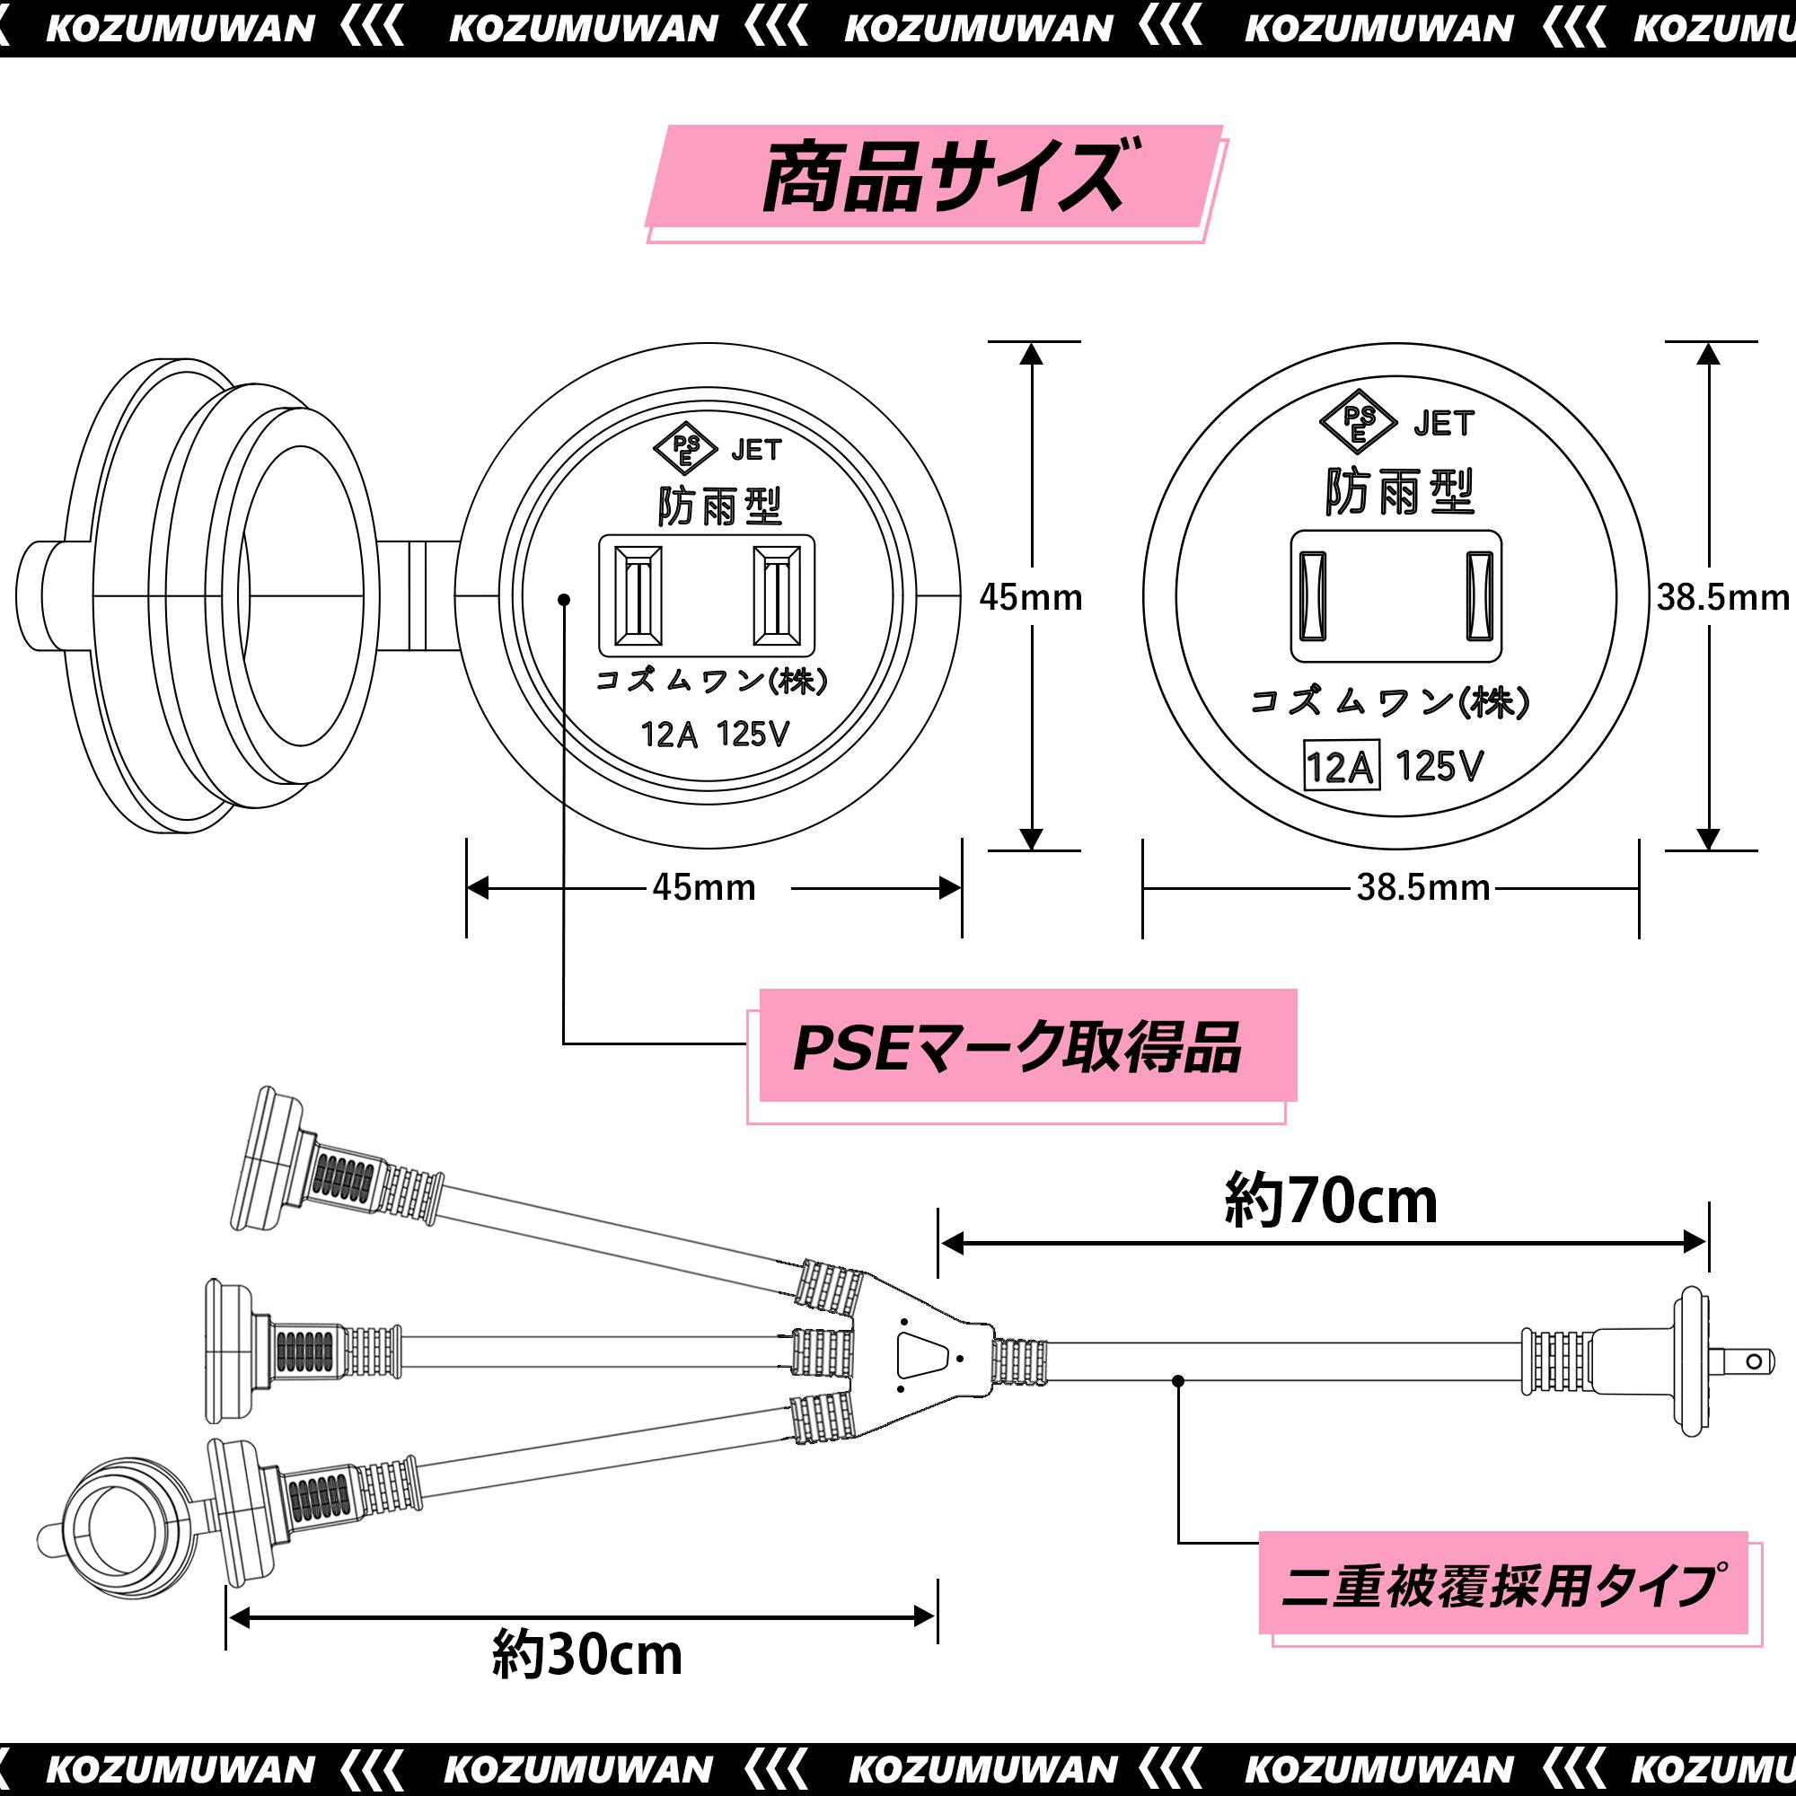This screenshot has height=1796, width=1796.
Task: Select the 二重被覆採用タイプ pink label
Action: click(1501, 1586)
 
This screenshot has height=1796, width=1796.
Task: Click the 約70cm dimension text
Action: click(1330, 1201)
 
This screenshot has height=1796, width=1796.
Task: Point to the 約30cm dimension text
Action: click(586, 1655)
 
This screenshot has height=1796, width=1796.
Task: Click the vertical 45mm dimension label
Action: click(1030, 598)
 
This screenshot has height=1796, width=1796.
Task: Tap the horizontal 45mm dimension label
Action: click(704, 888)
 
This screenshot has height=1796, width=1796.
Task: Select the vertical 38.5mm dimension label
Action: click(1721, 598)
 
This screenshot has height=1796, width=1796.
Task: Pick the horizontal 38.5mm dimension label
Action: click(1422, 888)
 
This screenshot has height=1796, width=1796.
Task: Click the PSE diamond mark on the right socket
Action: click(1358, 423)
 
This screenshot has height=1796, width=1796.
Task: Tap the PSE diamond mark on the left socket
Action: click(686, 450)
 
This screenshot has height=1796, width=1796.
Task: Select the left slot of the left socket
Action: click(638, 595)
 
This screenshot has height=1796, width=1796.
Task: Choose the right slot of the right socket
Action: click(1479, 596)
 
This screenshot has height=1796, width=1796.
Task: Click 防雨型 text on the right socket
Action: click(1399, 492)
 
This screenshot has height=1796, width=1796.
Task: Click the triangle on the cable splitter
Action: click(920, 1356)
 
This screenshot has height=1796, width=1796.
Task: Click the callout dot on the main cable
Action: click(1178, 1381)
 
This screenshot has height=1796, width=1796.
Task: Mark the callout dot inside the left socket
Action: click(563, 600)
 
